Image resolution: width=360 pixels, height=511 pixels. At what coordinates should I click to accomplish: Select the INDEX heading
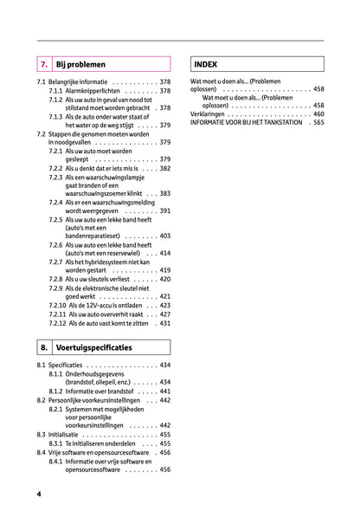[x=205, y=64]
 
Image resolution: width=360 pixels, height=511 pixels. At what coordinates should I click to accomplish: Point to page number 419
[x=164, y=270]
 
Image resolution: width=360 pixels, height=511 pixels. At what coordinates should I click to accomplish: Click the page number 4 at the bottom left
[x=39, y=494]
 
